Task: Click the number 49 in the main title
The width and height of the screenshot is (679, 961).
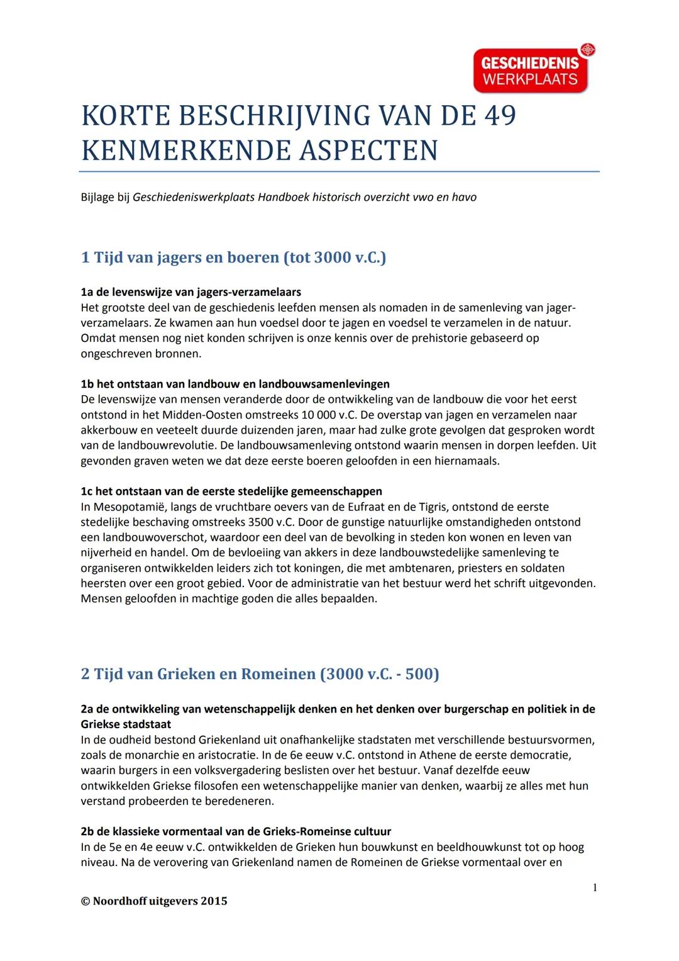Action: [x=500, y=116]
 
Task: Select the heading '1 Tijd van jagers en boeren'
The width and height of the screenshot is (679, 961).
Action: [x=233, y=257]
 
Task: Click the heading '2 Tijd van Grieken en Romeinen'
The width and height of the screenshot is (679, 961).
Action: [x=260, y=674]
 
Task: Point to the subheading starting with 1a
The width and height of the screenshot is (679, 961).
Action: [x=190, y=292]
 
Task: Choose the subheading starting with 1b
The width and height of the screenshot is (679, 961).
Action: [x=235, y=384]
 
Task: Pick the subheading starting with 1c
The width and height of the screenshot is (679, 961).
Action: [x=231, y=492]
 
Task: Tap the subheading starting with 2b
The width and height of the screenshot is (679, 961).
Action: [x=236, y=831]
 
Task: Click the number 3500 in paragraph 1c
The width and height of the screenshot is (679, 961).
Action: [x=260, y=522]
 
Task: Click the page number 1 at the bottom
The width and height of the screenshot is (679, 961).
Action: [x=595, y=887]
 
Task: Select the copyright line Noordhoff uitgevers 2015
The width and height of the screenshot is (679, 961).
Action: [x=154, y=901]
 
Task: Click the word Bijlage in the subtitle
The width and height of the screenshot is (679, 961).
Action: [x=97, y=197]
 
